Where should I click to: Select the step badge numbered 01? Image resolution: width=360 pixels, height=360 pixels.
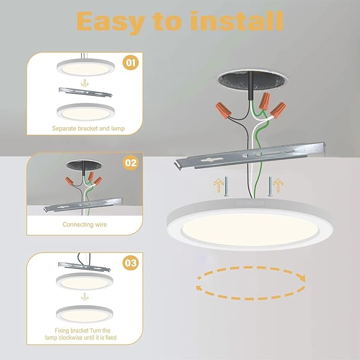pos(131,64)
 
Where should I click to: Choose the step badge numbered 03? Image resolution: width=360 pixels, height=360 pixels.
pos(131,262)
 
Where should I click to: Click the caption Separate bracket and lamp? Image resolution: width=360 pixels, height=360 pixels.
pos(85,128)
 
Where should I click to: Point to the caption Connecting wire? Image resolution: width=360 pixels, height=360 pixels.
pos(85,224)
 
